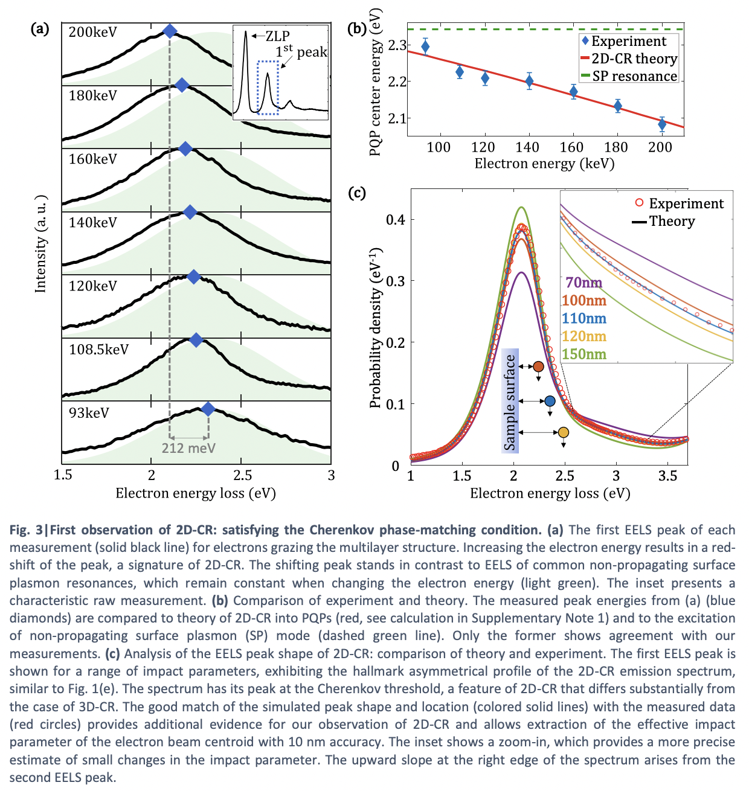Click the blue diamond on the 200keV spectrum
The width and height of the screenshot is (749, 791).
point(170,31)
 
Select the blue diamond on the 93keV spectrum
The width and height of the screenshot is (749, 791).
point(208,409)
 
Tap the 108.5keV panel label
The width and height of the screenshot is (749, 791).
point(98,349)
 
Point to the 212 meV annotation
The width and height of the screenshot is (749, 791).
point(188,448)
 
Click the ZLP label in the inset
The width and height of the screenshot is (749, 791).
point(277,36)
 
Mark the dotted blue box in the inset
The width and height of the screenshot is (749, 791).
point(268,88)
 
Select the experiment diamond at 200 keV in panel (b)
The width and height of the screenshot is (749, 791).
point(662,124)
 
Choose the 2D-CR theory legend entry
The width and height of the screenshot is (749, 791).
point(629,59)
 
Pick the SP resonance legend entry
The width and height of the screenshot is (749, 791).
point(629,76)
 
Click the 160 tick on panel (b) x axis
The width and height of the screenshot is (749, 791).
point(571,147)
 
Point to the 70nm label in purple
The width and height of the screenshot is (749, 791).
point(583,283)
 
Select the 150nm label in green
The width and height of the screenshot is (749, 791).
point(584,354)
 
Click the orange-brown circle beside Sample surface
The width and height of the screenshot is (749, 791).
point(539,367)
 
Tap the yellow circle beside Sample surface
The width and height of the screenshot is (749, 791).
point(564,432)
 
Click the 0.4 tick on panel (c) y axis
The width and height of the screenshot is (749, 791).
point(395,220)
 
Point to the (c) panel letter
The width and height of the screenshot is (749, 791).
point(356,193)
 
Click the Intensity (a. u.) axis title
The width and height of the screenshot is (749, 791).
point(40,244)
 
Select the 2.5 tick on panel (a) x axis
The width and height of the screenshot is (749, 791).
point(243,476)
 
